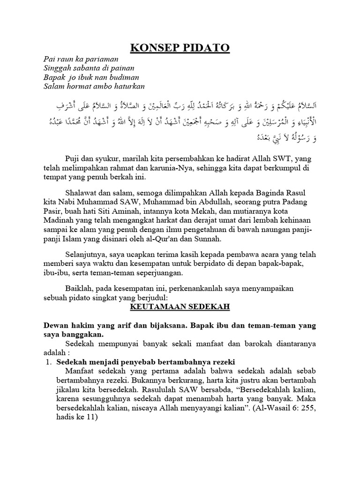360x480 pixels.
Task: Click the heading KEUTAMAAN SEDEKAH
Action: coord(179,307)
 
